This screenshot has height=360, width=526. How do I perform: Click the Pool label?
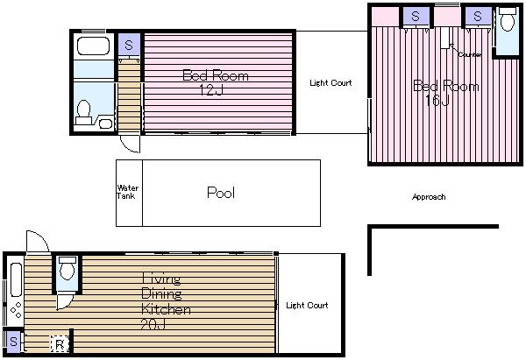[x=220, y=193]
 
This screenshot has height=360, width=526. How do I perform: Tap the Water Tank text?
[x=127, y=192]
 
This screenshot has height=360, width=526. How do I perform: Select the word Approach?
[x=429, y=197]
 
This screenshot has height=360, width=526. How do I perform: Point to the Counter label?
[x=470, y=54]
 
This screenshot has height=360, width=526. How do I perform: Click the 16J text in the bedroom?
[x=437, y=101]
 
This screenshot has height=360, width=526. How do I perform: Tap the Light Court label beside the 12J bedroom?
[x=331, y=83]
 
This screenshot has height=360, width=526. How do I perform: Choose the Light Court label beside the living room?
[x=307, y=306]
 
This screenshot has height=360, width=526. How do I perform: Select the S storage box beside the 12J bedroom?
[x=129, y=46]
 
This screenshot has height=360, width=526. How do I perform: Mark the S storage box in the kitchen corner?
[x=13, y=341]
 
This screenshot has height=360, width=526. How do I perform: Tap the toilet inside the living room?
[x=67, y=272]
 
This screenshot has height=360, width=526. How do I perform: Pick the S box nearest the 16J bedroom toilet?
[x=477, y=16]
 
